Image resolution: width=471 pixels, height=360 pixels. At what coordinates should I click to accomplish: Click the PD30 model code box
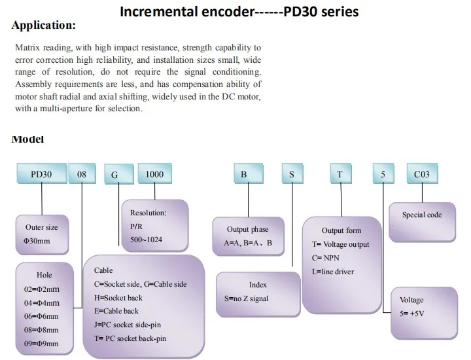click(x=41, y=175)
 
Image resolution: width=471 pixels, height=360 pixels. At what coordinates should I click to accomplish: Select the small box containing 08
click(x=81, y=175)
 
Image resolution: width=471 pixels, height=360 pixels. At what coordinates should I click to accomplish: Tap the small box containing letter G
click(x=114, y=175)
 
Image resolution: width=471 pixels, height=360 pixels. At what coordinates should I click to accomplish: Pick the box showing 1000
click(x=154, y=175)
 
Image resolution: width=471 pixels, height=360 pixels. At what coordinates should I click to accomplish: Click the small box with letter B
click(x=243, y=175)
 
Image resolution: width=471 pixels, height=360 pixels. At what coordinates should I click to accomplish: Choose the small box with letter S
click(x=292, y=175)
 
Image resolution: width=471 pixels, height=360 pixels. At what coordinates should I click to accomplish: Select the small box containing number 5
click(x=383, y=175)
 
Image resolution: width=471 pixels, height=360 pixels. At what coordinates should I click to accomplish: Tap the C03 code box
click(x=422, y=175)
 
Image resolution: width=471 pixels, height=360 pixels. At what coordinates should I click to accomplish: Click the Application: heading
click(x=44, y=26)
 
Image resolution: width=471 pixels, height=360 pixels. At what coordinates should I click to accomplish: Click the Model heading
click(x=27, y=139)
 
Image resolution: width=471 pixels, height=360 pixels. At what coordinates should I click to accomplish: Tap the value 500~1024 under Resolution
click(x=146, y=240)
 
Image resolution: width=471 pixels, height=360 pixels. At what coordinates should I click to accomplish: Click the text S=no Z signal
click(x=252, y=298)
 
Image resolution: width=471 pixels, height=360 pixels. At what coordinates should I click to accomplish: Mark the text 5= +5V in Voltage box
click(x=413, y=313)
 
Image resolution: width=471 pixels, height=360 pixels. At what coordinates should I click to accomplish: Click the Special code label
click(x=422, y=215)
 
